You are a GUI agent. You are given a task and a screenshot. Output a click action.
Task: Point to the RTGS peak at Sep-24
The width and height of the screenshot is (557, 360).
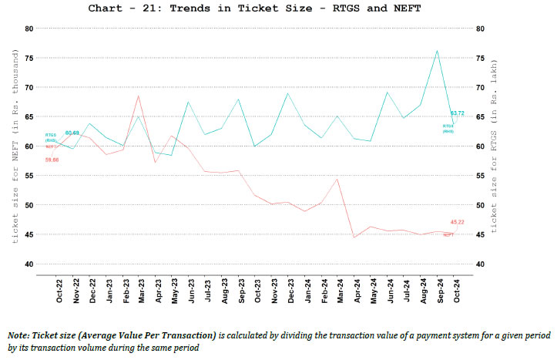[x=437, y=51]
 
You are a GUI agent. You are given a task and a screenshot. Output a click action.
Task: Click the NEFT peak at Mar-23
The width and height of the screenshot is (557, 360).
[x=137, y=96]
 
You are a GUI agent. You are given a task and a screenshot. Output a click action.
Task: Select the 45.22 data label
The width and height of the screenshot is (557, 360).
[x=457, y=222]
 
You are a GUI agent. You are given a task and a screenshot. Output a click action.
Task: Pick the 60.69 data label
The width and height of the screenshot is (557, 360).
[x=72, y=133]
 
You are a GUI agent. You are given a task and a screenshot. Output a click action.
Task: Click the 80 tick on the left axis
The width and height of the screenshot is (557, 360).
[x=29, y=29]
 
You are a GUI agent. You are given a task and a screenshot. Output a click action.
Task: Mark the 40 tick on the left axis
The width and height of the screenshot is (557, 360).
[x=29, y=264]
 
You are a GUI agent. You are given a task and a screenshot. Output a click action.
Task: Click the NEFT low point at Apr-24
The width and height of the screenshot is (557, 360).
[x=354, y=237]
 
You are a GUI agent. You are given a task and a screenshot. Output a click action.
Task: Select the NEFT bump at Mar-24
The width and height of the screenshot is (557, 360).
[x=337, y=179]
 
